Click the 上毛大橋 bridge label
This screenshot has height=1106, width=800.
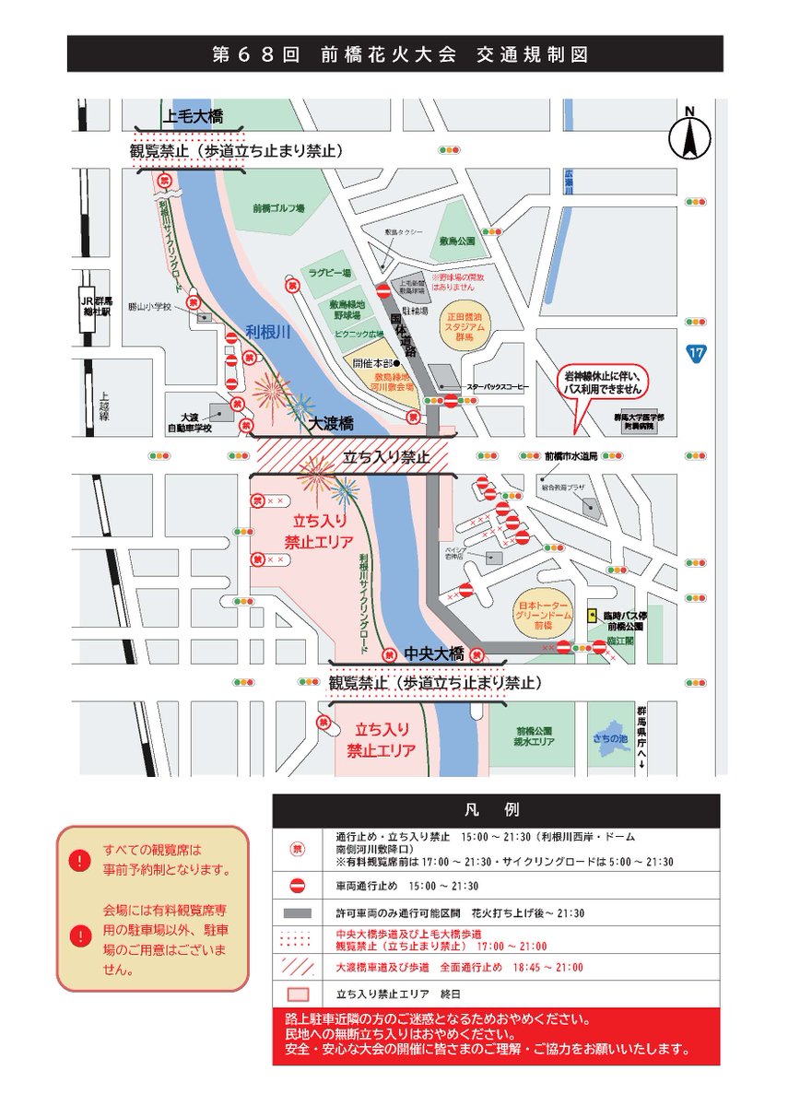pos(192,117)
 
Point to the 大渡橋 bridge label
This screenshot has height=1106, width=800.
pos(335,424)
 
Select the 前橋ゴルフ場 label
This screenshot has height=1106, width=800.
pos(278,209)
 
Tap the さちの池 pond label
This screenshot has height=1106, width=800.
pos(611,740)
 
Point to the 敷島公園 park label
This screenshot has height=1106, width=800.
pos(457,241)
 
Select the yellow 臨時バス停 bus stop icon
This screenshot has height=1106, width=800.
pos(591,614)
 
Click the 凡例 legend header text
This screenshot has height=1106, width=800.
pos(496,811)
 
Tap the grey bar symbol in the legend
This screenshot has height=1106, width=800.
pos(298,913)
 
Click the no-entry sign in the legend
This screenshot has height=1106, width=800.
pos(298,886)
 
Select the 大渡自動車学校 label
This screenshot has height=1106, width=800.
pos(188,423)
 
